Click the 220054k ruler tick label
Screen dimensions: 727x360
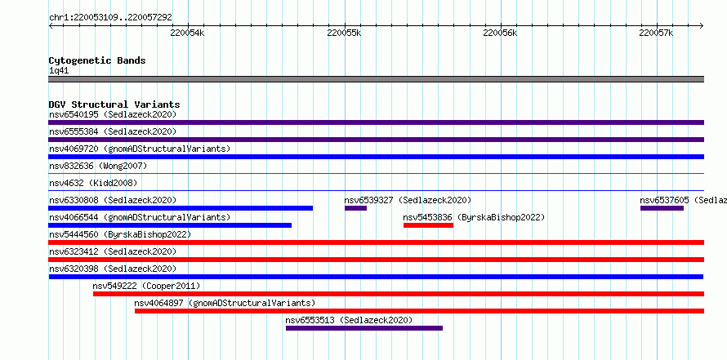[187, 33]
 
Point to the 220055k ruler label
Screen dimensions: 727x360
[344, 33]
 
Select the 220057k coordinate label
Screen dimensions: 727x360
[656, 33]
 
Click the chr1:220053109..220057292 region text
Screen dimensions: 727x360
[110, 18]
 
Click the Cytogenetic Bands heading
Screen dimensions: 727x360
[97, 60]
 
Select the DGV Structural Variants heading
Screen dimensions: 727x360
[114, 104]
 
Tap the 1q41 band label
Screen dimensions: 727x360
[59, 70]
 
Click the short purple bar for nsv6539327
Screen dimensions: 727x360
[355, 208]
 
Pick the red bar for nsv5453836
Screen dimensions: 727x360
[428, 225]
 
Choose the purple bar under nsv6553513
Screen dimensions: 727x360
[364, 328]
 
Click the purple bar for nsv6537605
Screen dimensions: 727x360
[662, 208]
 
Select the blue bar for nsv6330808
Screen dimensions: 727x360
[181, 208]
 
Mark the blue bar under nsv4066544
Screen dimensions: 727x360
[170, 225]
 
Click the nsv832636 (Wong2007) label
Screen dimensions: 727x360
[98, 166]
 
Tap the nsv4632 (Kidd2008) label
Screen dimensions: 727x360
[93, 183]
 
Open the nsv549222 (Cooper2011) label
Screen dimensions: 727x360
[146, 286]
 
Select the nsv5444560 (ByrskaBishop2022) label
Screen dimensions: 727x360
[120, 234]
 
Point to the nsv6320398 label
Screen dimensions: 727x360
[74, 269]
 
